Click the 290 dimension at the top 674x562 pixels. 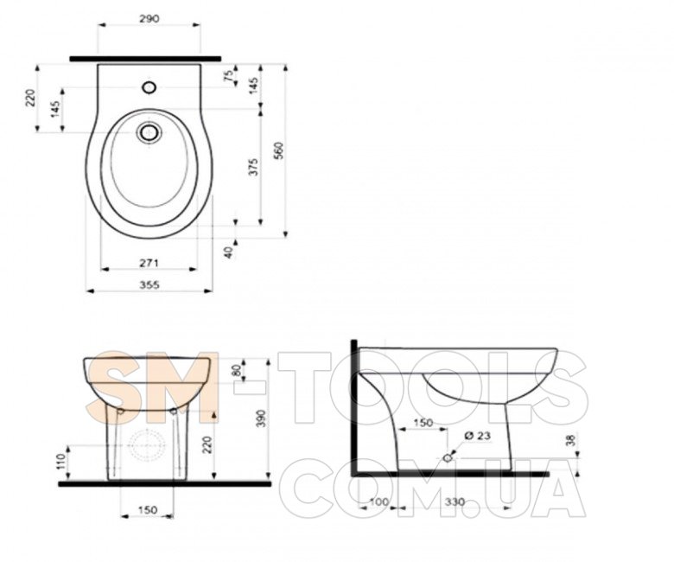(x=149, y=19)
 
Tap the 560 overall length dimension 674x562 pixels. (x=279, y=150)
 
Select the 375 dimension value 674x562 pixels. (x=253, y=167)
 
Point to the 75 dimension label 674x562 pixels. (x=230, y=75)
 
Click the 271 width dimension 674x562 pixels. (x=149, y=262)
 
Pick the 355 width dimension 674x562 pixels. (x=149, y=284)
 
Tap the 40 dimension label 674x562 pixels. (x=229, y=252)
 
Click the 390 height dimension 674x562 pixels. (x=261, y=418)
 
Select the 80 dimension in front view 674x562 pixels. (x=237, y=371)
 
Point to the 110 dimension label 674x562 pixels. (x=61, y=461)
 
